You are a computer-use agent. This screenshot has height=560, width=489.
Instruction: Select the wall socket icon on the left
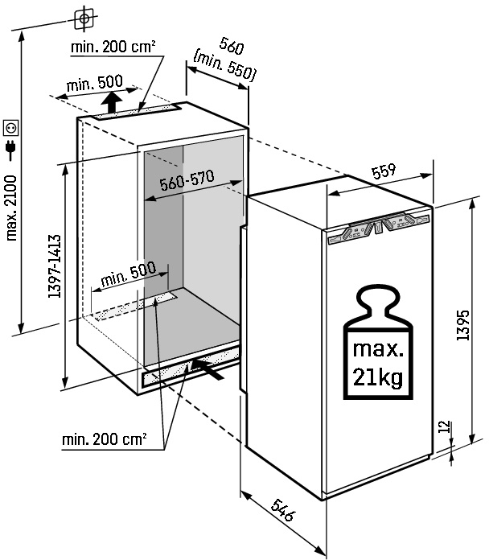tap(12, 127)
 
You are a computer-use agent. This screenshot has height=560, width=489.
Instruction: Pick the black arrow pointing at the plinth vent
tap(206, 369)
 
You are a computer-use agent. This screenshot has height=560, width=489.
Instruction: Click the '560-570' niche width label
tap(187, 183)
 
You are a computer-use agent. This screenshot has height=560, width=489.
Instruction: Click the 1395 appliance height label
tap(463, 323)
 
